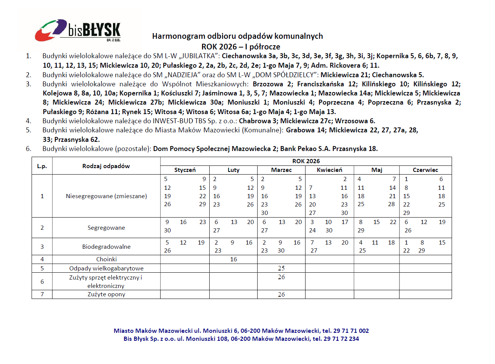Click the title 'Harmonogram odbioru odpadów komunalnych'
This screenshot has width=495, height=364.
pyautogui.click(x=237, y=36)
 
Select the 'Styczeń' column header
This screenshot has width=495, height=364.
pyautogui.click(x=185, y=170)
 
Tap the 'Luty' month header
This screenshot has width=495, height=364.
pyautogui.click(x=233, y=170)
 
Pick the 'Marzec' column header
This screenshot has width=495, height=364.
pyautogui.click(x=281, y=170)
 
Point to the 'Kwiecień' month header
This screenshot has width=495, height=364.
pyautogui.click(x=329, y=170)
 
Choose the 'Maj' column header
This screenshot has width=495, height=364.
pyautogui.click(x=377, y=170)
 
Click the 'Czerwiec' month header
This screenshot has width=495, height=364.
pyautogui.click(x=425, y=170)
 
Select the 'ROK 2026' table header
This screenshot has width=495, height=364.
pyautogui.click(x=306, y=161)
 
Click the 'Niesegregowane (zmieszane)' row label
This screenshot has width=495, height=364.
pyautogui.click(x=106, y=196)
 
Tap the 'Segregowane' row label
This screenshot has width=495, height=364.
pyautogui.click(x=106, y=228)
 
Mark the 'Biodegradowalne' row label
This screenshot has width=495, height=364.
pyautogui.click(x=106, y=247)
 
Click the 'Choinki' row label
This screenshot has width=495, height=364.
pyautogui.click(x=106, y=259)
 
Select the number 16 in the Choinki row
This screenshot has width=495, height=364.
pyautogui.click(x=233, y=259)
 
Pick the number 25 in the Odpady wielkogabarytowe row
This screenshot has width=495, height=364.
pyautogui.click(x=281, y=268)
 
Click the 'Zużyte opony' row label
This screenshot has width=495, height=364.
pyautogui.click(x=106, y=294)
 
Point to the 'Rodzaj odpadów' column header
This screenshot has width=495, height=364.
pyautogui.click(x=106, y=166)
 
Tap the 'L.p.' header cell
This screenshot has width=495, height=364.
pyautogui.click(x=42, y=166)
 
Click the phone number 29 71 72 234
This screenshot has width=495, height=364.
pyautogui.click(x=341, y=339)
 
